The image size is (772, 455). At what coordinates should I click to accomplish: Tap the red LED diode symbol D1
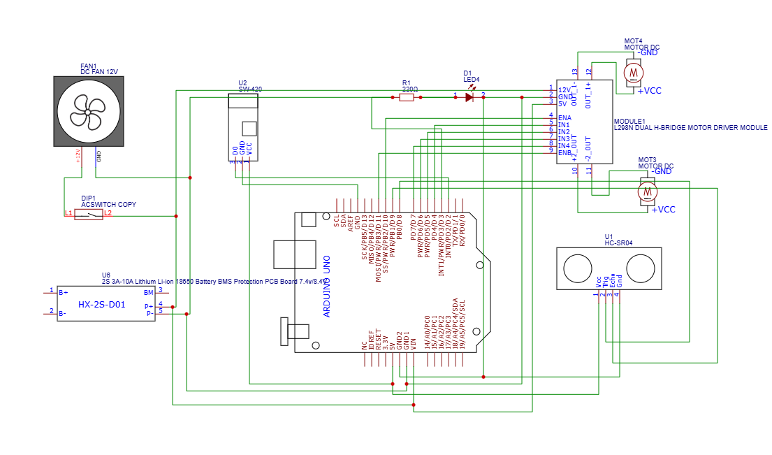click(x=469, y=97)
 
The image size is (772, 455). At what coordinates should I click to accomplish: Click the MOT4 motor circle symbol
click(x=633, y=71)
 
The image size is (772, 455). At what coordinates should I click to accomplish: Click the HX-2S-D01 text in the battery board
click(x=101, y=305)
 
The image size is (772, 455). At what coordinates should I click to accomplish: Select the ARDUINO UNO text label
click(x=326, y=287)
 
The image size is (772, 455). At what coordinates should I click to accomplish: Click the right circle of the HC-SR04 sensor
click(x=641, y=268)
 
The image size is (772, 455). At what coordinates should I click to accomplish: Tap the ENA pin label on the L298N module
click(x=564, y=117)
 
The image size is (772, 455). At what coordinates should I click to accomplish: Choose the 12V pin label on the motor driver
click(x=564, y=89)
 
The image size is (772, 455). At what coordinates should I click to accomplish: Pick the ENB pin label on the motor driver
click(x=564, y=152)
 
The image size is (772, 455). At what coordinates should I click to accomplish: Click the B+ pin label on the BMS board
click(x=63, y=292)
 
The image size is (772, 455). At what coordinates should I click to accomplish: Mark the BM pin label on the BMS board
click(x=148, y=292)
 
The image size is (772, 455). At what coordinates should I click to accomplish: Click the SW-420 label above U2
click(x=250, y=89)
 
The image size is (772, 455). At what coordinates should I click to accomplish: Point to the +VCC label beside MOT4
click(x=648, y=91)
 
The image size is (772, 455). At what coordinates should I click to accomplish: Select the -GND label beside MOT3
click(x=660, y=172)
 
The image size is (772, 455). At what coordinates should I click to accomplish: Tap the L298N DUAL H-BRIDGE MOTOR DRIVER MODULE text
click(x=690, y=128)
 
